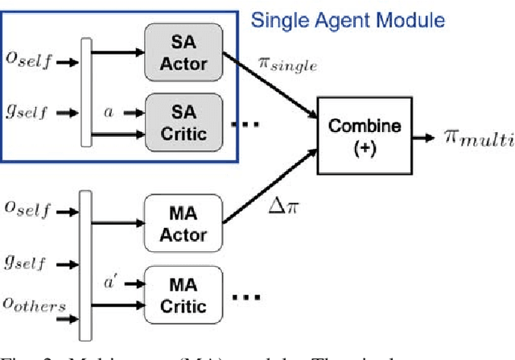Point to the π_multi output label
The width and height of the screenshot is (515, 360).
pos(477,139)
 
